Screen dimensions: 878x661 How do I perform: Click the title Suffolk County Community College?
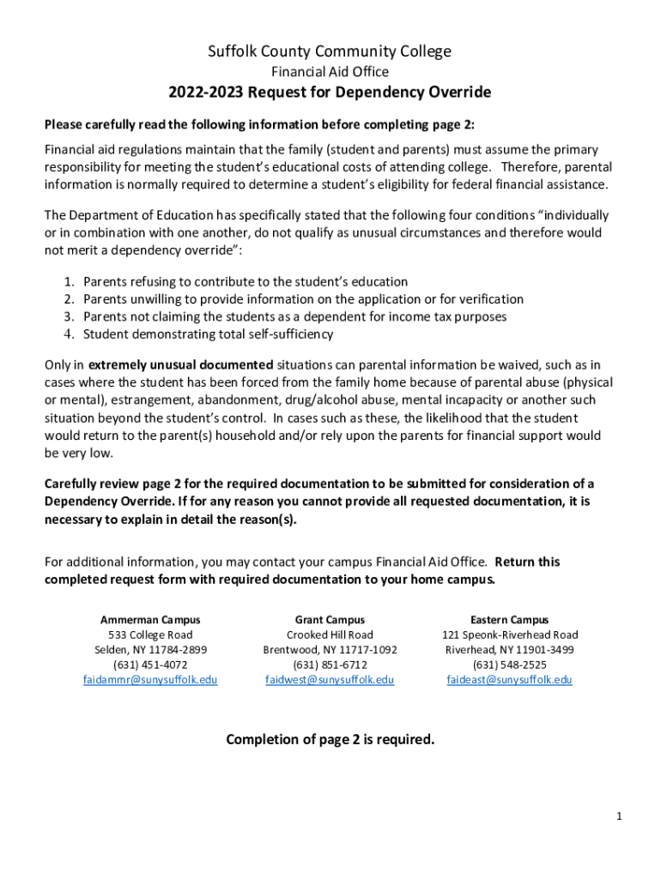(330, 51)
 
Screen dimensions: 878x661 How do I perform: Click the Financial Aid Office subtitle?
(330, 72)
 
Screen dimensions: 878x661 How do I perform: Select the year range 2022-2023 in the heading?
(205, 93)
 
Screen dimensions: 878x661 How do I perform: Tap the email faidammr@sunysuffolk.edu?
(150, 680)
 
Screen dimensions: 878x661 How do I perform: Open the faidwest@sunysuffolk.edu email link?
(330, 680)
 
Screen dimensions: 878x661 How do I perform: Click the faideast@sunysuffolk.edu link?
(509, 680)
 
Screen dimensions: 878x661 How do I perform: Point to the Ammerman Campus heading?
(150, 620)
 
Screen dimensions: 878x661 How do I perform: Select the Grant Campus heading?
(330, 620)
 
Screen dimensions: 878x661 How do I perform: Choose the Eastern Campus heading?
(509, 620)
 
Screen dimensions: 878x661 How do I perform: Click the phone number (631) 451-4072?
(150, 665)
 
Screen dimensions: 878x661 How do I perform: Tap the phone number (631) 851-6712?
(330, 665)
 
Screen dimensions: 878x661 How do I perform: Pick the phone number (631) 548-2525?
(509, 665)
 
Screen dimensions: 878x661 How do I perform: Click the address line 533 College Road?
(150, 635)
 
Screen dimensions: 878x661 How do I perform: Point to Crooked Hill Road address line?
(330, 635)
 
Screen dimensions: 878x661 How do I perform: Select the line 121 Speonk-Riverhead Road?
(509, 635)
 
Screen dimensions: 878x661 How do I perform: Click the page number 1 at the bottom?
(618, 815)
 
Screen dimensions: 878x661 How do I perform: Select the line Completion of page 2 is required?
(330, 739)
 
